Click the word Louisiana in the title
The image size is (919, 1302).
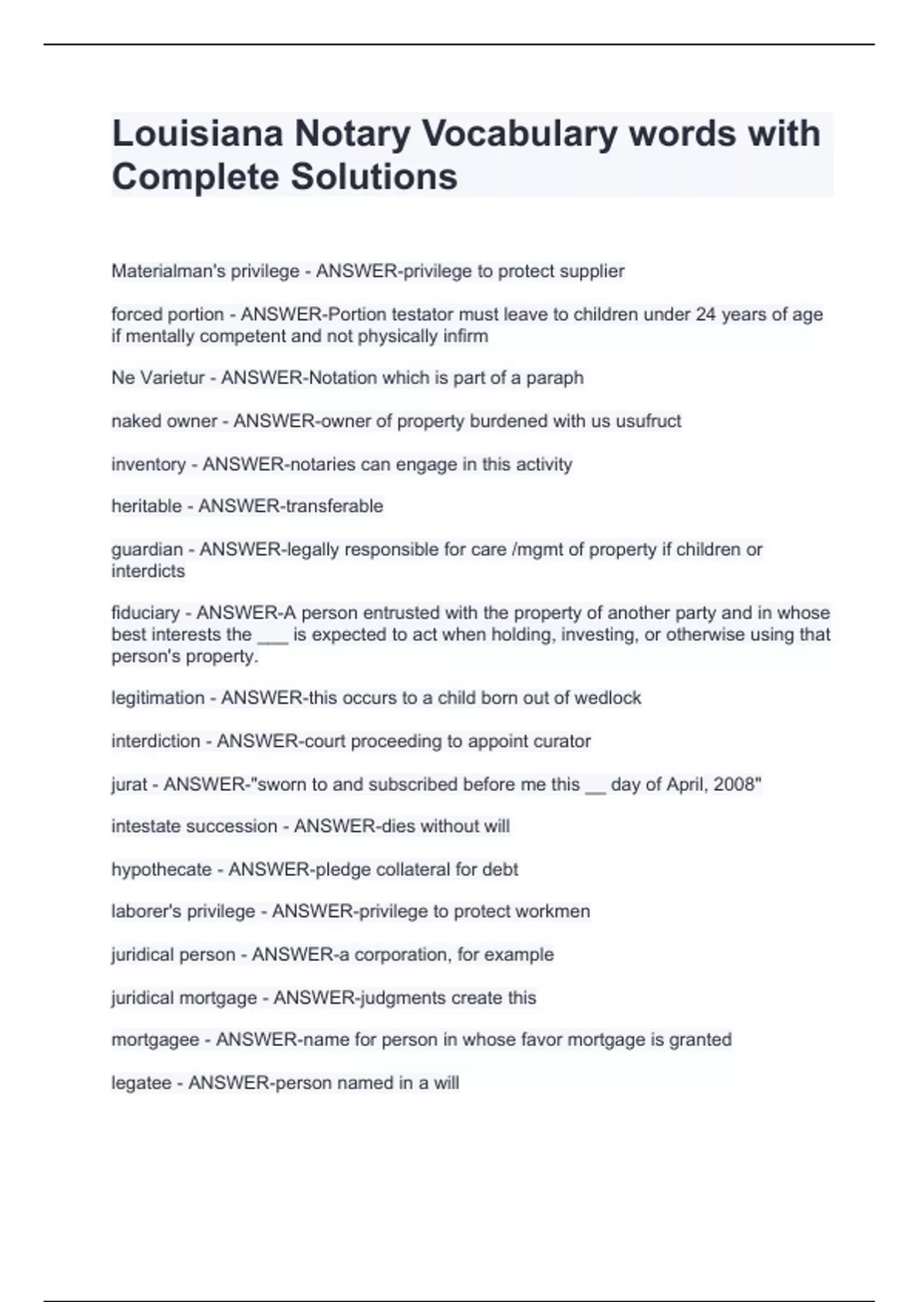[198, 133]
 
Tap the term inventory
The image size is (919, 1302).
[148, 464]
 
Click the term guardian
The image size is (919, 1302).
[147, 549]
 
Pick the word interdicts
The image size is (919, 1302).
[148, 571]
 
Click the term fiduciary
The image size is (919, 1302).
[146, 613]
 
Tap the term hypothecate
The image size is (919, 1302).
[161, 869]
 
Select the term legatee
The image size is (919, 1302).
[141, 1083]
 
